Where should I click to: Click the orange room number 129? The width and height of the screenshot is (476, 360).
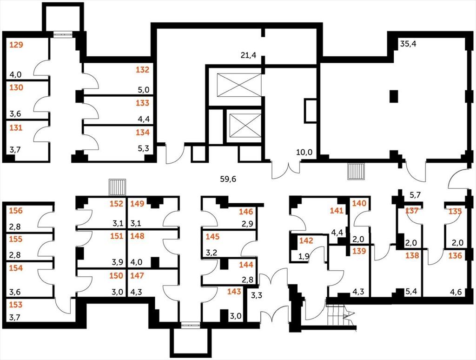tap(16, 45)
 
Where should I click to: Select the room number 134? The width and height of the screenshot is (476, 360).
tap(143, 133)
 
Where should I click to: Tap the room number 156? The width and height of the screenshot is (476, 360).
tap(16, 211)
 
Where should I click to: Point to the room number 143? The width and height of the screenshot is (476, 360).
tap(234, 292)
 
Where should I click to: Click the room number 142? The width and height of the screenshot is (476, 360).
tap(306, 241)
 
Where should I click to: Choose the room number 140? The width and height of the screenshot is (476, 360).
tap(359, 203)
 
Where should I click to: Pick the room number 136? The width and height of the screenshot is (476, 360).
tap(455, 256)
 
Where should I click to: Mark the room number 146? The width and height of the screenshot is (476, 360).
tap(246, 212)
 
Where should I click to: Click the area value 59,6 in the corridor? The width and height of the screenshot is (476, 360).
tap(228, 179)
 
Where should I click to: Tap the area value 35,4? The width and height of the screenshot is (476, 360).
tap(408, 44)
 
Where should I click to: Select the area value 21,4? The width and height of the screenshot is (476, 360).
tap(248, 55)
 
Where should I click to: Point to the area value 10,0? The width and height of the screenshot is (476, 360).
tap(304, 153)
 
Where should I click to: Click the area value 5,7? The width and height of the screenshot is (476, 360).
tap(416, 195)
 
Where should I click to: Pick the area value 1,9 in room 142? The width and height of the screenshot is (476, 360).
tap(304, 256)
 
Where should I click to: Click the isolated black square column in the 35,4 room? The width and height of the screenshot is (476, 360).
tap(394, 96)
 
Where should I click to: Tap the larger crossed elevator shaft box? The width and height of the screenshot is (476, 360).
tap(239, 86)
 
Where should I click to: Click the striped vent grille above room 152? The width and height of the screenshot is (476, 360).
tap(117, 187)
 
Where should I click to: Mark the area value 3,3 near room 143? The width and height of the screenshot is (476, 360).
tap(257, 295)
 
